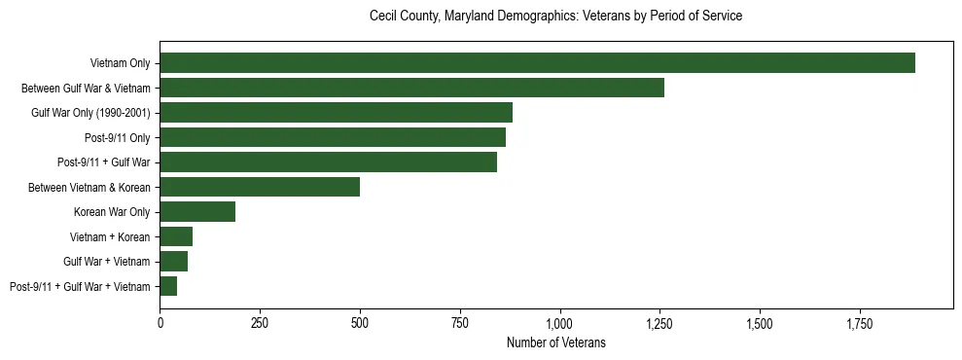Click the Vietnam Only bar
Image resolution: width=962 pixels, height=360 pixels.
pyautogui.click(x=537, y=62)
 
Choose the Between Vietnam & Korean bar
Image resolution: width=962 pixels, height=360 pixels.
pyautogui.click(x=260, y=187)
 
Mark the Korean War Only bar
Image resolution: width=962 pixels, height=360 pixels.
pyautogui.click(x=197, y=211)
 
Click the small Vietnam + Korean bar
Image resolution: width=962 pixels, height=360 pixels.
pyautogui.click(x=176, y=236)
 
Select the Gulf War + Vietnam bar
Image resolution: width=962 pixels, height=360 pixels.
pyautogui.click(x=174, y=261)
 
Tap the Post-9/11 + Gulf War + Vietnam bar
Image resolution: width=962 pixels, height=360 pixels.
pyautogui.click(x=168, y=286)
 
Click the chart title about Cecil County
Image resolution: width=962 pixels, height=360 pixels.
pyautogui.click(x=555, y=17)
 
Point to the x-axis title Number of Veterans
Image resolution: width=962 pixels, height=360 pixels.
pyautogui.click(x=555, y=342)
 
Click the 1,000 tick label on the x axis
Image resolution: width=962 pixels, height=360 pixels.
pyautogui.click(x=560, y=323)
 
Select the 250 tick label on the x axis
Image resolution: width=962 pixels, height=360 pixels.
pyautogui.click(x=260, y=323)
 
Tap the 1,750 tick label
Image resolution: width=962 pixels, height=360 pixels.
pyautogui.click(x=860, y=323)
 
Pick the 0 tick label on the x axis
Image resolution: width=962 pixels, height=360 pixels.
pyautogui.click(x=160, y=323)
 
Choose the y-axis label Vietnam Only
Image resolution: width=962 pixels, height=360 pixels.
pyautogui.click(x=120, y=62)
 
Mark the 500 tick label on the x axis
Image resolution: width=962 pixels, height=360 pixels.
pyautogui.click(x=360, y=323)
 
